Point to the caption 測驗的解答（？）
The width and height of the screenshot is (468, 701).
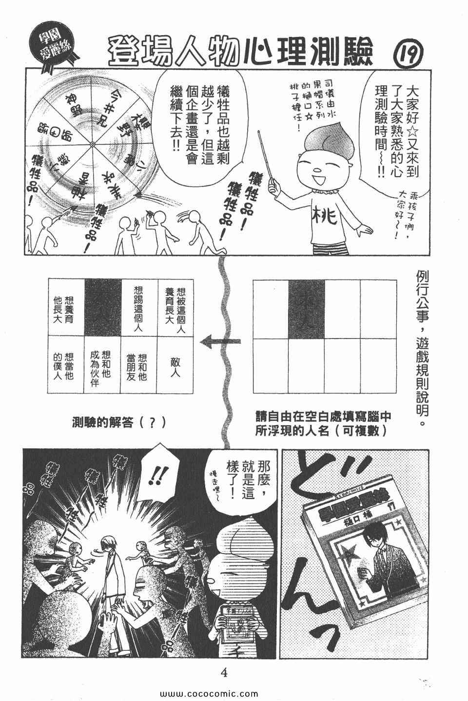(118, 422)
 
